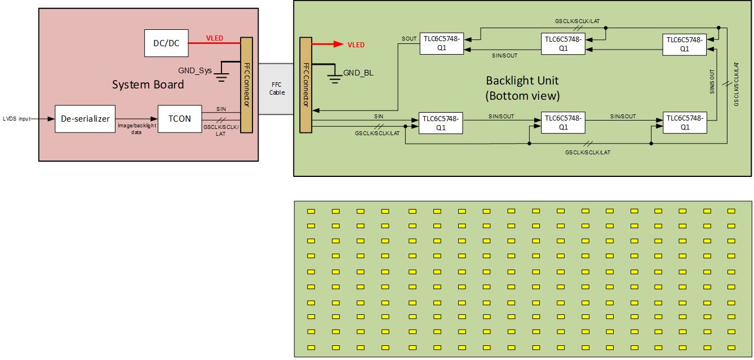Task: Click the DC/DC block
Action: pyautogui.click(x=166, y=43)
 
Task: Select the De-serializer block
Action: pyautogui.click(x=85, y=119)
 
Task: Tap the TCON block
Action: pyautogui.click(x=179, y=119)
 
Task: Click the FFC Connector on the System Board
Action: pyautogui.click(x=246, y=84)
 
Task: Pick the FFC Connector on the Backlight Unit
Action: pyautogui.click(x=305, y=85)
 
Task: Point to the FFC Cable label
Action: pyautogui.click(x=277, y=88)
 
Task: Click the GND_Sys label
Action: pyautogui.click(x=194, y=70)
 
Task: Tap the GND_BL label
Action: pyautogui.click(x=359, y=73)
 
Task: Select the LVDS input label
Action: pyautogui.click(x=16, y=119)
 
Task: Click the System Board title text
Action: pyautogui.click(x=148, y=85)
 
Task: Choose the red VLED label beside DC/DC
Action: pyautogui.click(x=214, y=38)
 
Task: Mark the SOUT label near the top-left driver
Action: pyautogui.click(x=409, y=39)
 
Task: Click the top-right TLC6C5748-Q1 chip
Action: pyautogui.click(x=684, y=44)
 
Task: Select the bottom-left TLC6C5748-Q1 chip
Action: pyautogui.click(x=441, y=123)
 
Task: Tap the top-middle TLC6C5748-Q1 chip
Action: pyautogui.click(x=562, y=44)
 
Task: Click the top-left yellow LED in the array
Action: pyautogui.click(x=311, y=211)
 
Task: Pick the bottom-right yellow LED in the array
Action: pyautogui.click(x=731, y=347)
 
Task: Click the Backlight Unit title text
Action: pyautogui.click(x=522, y=88)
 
